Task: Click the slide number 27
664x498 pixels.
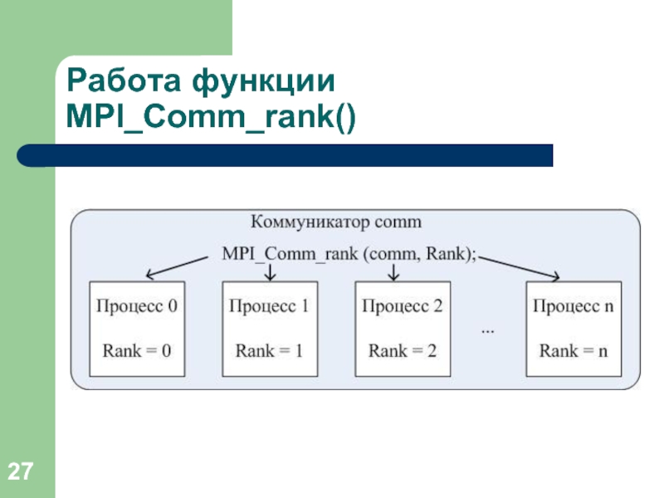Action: (20, 471)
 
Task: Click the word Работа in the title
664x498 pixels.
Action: (124, 81)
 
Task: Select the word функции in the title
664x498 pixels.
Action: (263, 81)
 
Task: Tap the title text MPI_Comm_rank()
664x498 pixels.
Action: (211, 116)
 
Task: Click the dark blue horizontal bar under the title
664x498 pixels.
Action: (285, 155)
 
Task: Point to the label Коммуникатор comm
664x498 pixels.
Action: (336, 222)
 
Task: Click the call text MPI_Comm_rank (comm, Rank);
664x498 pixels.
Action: (349, 254)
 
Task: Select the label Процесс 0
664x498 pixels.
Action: (137, 305)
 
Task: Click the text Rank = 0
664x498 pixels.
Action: (137, 350)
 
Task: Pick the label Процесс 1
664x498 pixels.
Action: (269, 305)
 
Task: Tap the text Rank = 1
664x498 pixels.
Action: (269, 350)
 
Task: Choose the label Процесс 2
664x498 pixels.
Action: (403, 305)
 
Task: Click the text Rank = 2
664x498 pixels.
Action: (403, 350)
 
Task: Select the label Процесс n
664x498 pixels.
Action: (574, 305)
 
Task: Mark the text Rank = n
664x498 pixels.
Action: (574, 350)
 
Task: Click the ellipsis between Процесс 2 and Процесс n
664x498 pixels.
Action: (488, 331)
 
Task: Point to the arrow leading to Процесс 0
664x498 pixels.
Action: (177, 267)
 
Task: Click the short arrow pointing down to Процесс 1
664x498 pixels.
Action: (270, 273)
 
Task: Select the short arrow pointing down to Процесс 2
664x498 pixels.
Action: (393, 273)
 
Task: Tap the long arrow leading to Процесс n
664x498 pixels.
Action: (520, 267)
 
